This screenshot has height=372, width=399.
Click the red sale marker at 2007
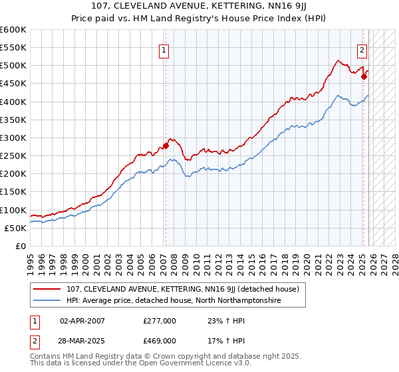click(x=166, y=146)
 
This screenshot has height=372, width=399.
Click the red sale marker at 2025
click(x=364, y=77)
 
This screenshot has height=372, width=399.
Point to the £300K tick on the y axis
click(x=13, y=138)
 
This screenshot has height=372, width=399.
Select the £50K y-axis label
click(x=16, y=228)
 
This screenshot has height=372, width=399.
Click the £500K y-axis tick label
click(x=13, y=66)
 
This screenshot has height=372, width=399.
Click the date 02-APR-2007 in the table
click(x=82, y=321)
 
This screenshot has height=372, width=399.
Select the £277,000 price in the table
click(x=160, y=321)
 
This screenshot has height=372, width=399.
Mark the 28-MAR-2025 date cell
click(x=82, y=340)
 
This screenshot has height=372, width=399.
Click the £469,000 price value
click(x=160, y=340)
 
